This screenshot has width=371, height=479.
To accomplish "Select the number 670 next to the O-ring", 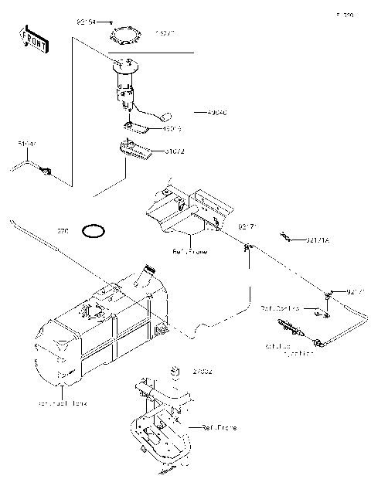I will (x=63, y=230).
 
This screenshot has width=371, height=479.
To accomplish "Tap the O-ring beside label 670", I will (x=94, y=229).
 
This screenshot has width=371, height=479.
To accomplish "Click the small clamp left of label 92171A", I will (x=286, y=236).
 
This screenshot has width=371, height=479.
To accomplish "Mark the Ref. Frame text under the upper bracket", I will (x=189, y=252).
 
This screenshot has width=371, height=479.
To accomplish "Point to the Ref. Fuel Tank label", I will (x=63, y=403).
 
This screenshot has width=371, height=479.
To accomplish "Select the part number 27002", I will (x=202, y=372).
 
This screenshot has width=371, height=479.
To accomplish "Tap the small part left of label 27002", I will (x=175, y=372).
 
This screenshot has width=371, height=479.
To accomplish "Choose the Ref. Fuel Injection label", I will (x=288, y=349).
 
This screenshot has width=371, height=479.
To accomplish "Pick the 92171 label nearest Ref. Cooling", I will (x=355, y=292).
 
